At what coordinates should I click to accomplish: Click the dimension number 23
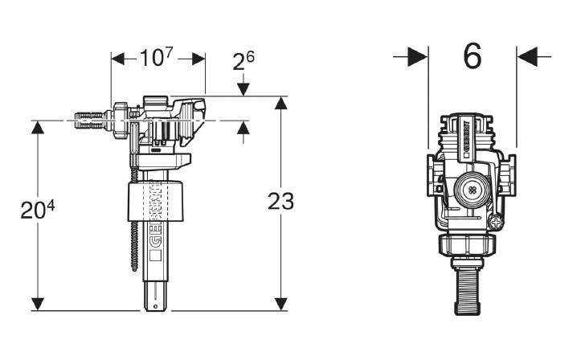[280, 201]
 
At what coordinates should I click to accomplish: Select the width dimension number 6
[473, 56]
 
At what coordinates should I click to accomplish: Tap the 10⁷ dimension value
[157, 58]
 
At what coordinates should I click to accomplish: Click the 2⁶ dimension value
[244, 61]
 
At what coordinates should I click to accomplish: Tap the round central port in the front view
[470, 191]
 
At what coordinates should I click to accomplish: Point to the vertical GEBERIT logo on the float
[157, 225]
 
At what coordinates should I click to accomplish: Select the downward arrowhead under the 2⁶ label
[244, 88]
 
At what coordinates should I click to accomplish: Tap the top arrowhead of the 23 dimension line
[280, 102]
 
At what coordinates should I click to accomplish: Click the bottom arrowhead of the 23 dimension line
[280, 303]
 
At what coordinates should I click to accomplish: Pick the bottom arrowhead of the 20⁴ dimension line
[37, 303]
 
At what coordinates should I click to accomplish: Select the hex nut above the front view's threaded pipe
[471, 246]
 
